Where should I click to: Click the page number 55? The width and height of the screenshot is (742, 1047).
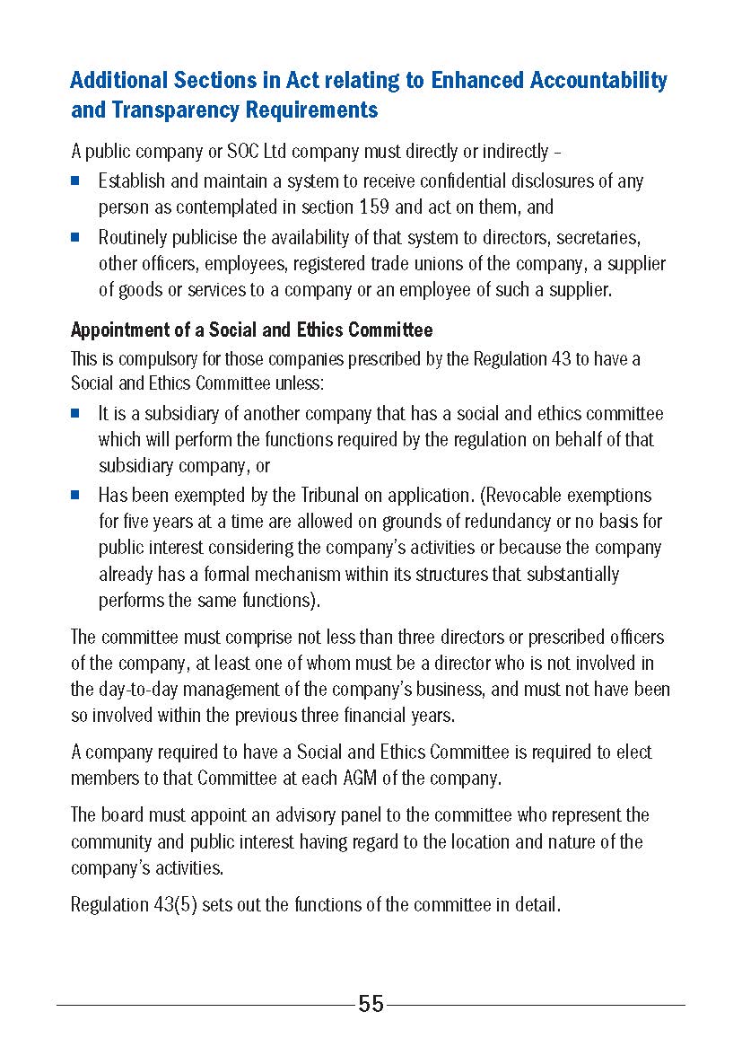click(x=371, y=1004)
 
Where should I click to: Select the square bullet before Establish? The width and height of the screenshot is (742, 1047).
click(x=76, y=180)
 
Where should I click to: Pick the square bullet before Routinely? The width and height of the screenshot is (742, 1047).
click(x=76, y=238)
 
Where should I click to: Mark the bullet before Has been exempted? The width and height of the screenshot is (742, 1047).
click(x=76, y=495)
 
